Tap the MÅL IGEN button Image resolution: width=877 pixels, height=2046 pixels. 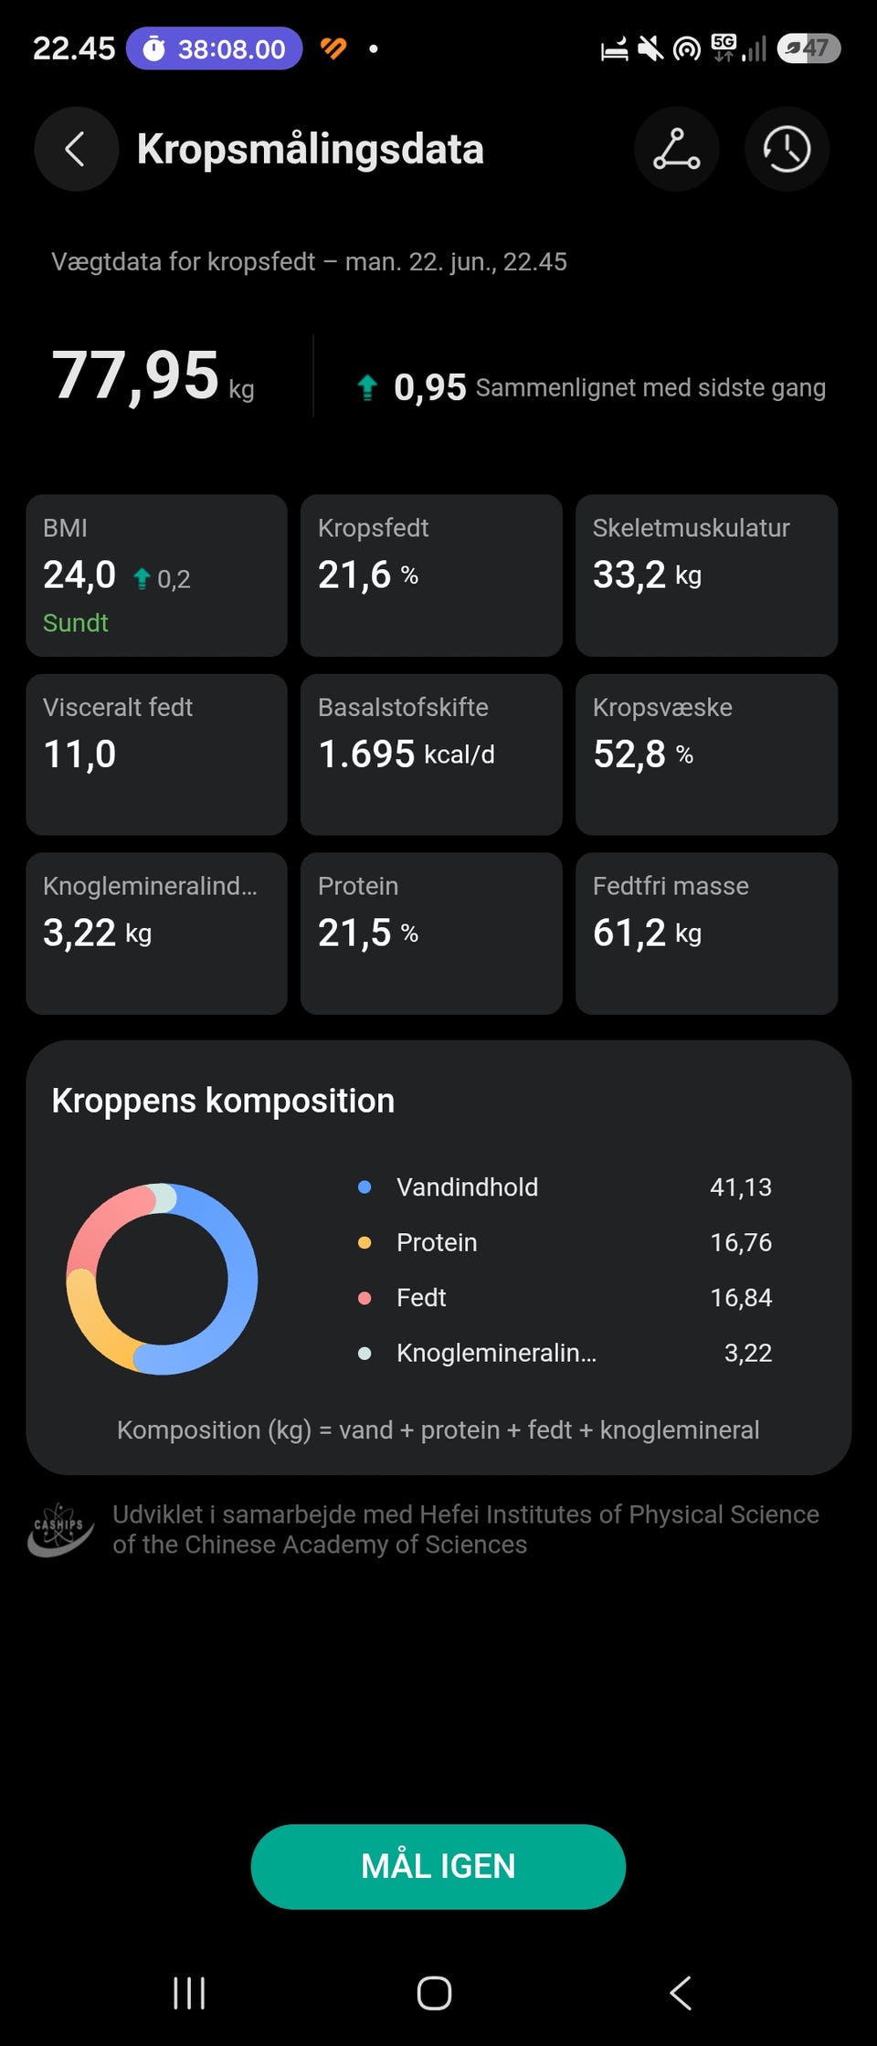pos(438,1866)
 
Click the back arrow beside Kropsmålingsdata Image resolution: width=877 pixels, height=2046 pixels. pos(76,149)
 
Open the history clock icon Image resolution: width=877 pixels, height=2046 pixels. pos(787,149)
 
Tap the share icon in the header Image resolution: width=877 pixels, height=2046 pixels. pos(676,149)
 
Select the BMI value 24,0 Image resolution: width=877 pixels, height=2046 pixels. pos(79,575)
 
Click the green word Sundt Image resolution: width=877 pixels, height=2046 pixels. pos(76,623)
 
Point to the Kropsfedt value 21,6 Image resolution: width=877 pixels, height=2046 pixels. pos(354,575)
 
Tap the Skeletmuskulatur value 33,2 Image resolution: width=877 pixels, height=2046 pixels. pos(629,575)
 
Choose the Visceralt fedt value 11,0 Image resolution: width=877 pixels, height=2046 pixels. pos(79,754)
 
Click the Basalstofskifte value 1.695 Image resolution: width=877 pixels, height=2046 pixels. pos(366,754)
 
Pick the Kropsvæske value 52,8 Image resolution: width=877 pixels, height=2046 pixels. pos(629,754)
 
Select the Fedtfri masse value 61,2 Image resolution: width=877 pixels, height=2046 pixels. pos(629,933)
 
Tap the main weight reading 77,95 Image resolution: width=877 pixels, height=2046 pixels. pos(135,376)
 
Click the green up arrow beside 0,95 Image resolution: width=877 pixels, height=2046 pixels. pos(367,388)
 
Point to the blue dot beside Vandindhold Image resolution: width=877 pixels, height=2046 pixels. pos(365,1187)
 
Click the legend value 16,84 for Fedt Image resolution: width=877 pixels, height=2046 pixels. pos(741,1298)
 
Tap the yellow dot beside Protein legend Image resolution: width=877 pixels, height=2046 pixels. pos(365,1243)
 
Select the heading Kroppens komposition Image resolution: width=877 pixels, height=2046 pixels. pos(223,1102)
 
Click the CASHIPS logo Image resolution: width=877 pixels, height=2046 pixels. pos(60,1530)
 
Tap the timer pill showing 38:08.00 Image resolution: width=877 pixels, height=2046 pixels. pos(214,48)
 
